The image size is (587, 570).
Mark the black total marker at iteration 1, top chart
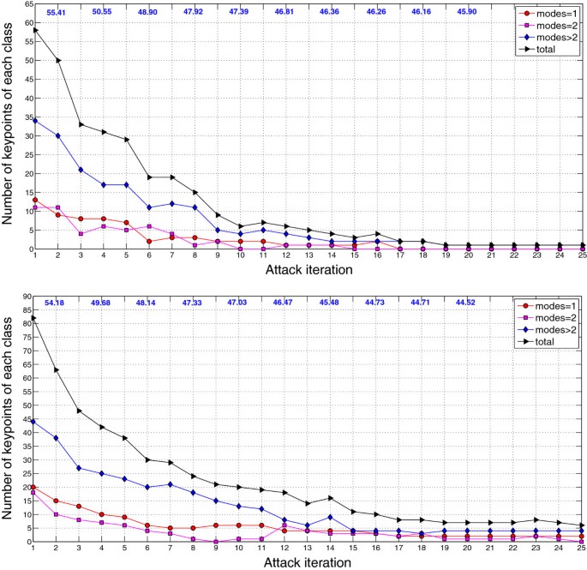click(35, 30)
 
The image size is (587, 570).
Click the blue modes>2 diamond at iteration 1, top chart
click(35, 121)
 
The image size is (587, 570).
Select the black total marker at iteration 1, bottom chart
click(35, 318)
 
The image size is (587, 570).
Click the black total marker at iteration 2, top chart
click(58, 60)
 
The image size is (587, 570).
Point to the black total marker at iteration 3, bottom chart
click(81, 411)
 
